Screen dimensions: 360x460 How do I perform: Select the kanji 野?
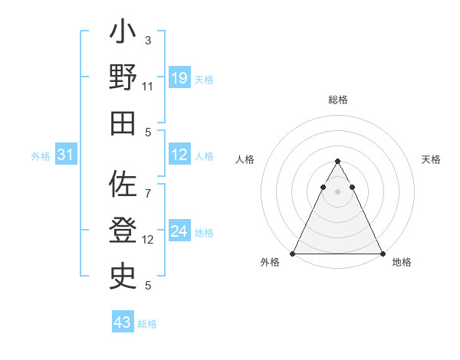click(123, 79)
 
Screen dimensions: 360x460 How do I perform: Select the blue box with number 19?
click(179, 77)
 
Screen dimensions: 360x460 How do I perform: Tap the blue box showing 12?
click(179, 155)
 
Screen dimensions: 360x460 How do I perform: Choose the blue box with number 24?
click(179, 231)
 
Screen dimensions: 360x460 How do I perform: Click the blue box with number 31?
click(66, 155)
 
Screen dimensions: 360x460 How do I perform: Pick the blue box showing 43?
click(123, 322)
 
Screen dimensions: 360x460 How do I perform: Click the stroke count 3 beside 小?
click(148, 40)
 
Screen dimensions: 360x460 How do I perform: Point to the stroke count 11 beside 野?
click(148, 87)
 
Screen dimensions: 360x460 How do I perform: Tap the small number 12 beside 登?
click(148, 240)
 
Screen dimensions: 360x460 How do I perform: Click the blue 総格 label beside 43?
click(147, 323)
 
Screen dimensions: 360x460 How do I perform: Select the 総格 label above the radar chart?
click(338, 100)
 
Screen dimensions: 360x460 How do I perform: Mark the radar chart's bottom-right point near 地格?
click(383, 253)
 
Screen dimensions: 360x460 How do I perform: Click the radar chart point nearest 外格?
click(293, 253)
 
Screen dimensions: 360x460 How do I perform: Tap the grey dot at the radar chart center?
click(338, 191)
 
